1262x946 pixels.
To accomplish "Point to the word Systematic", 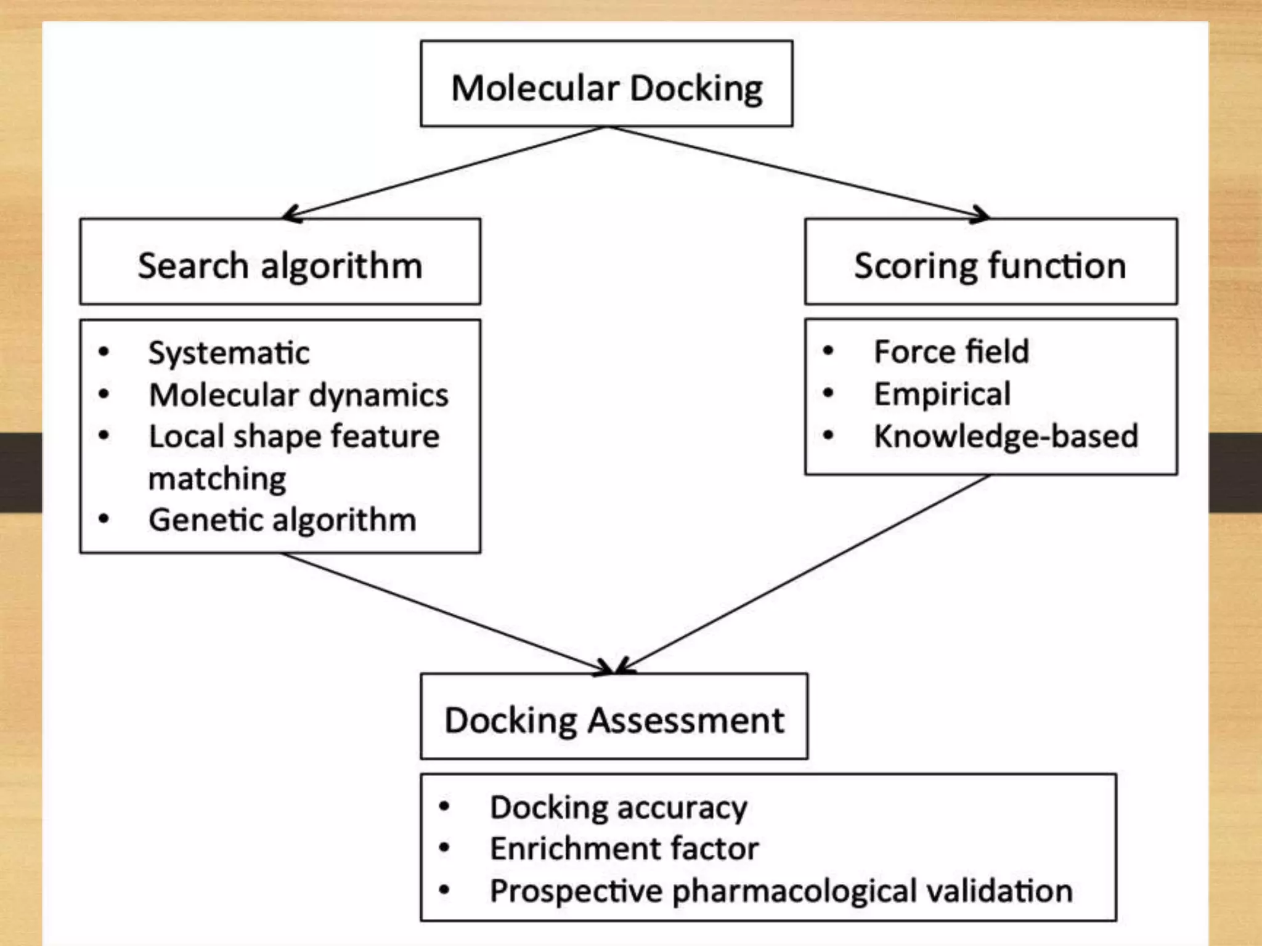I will (229, 354).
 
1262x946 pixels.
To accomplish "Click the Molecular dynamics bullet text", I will (299, 395).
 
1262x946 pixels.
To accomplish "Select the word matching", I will (218, 479).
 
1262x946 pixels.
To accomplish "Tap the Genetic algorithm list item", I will (282, 520).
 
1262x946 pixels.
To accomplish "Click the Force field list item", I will (951, 352).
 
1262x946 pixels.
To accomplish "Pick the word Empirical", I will (942, 394).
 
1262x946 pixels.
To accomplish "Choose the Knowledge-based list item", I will (1006, 437).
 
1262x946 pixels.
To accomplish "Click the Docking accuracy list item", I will (618, 807).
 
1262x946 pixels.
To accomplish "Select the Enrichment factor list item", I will (624, 849).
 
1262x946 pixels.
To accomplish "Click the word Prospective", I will (576, 891).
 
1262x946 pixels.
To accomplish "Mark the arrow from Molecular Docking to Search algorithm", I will (444, 172).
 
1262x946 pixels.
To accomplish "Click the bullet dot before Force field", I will (828, 352).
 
